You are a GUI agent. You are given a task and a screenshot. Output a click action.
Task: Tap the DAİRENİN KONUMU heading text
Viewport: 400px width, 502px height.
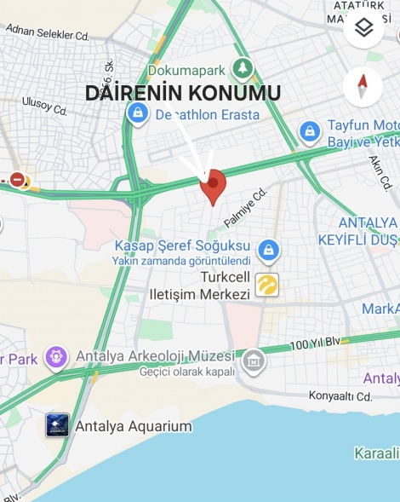click(183, 93)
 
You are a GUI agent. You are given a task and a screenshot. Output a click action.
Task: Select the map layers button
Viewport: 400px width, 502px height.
click(363, 29)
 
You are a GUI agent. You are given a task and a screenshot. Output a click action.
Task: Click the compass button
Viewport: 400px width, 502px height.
click(363, 87)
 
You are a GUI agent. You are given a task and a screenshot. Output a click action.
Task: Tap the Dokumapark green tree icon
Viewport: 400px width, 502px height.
click(243, 67)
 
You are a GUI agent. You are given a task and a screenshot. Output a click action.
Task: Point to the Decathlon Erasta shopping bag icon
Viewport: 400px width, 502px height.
click(136, 113)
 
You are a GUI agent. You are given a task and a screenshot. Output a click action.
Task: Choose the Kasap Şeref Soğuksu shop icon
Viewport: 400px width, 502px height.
click(269, 251)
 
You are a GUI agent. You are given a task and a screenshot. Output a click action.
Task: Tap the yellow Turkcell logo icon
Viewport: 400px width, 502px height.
click(267, 285)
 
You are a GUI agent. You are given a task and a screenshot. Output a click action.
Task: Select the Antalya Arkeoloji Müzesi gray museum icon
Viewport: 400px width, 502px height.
click(253, 361)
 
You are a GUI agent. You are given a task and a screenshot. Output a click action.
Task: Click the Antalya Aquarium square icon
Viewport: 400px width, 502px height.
click(58, 425)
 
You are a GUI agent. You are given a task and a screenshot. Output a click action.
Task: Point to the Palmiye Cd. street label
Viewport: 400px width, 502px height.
click(246, 208)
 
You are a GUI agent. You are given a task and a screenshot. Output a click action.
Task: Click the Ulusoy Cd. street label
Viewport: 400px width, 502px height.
click(45, 105)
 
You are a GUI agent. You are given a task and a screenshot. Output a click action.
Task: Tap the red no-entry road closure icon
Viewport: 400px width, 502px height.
click(18, 179)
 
